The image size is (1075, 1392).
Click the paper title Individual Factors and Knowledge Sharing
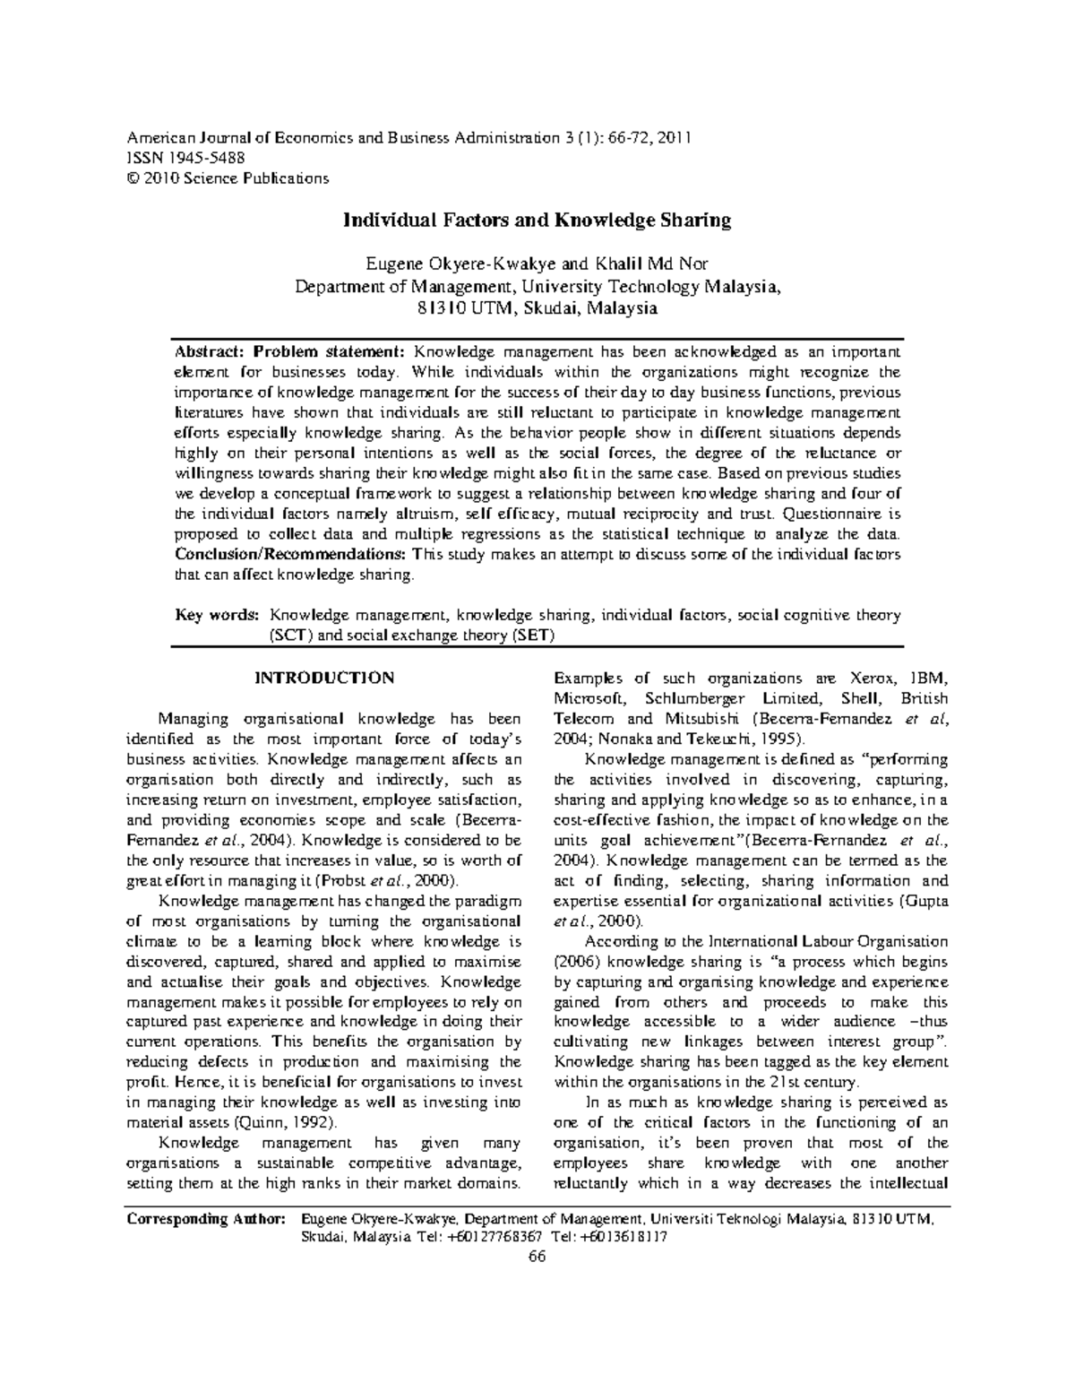pyautogui.click(x=537, y=220)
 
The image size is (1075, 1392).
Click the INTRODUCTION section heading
pyautogui.click(x=324, y=678)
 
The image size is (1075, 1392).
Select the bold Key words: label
pyautogui.click(x=218, y=616)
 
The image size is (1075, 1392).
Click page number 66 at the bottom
pyautogui.click(x=537, y=1256)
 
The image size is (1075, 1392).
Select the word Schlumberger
pyautogui.click(x=699, y=698)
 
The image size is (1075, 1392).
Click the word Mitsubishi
pyautogui.click(x=700, y=719)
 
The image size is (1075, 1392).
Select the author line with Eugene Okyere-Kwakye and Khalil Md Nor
pyautogui.click(x=537, y=264)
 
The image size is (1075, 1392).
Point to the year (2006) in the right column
pyautogui.click(x=572, y=961)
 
